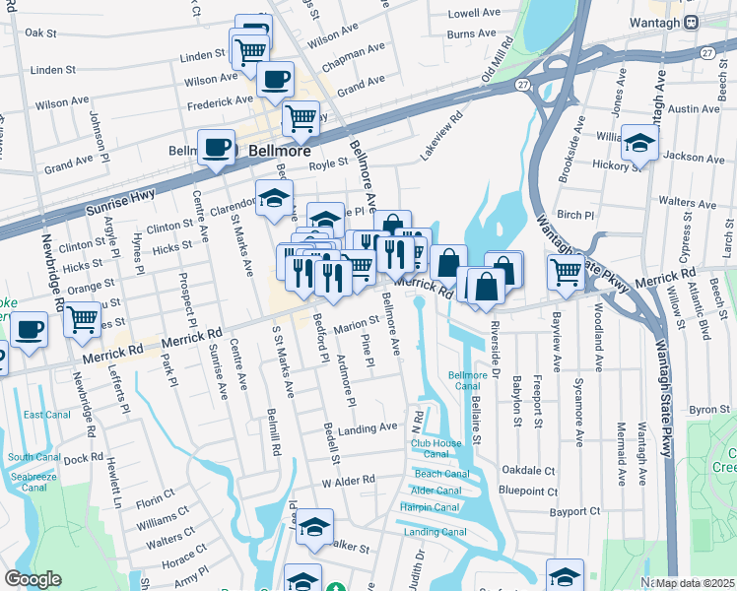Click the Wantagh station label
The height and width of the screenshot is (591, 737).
pyautogui.click(x=657, y=21)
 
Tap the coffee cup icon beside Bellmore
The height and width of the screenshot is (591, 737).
pyautogui.click(x=217, y=149)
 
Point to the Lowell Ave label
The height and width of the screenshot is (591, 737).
pyautogui.click(x=474, y=14)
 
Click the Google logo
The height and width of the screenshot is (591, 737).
pyautogui.click(x=33, y=579)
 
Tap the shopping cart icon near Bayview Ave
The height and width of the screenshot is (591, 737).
pyautogui.click(x=566, y=271)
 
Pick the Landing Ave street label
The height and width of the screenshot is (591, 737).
pyautogui.click(x=367, y=428)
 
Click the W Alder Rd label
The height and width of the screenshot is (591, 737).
pyautogui.click(x=349, y=480)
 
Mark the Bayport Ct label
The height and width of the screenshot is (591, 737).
pyautogui.click(x=576, y=511)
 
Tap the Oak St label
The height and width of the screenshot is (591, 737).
pyautogui.click(x=41, y=33)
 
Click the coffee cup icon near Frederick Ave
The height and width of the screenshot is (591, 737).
pyautogui.click(x=275, y=79)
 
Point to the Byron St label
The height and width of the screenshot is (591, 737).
pyautogui.click(x=703, y=409)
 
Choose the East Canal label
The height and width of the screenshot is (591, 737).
pyautogui.click(x=46, y=415)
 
